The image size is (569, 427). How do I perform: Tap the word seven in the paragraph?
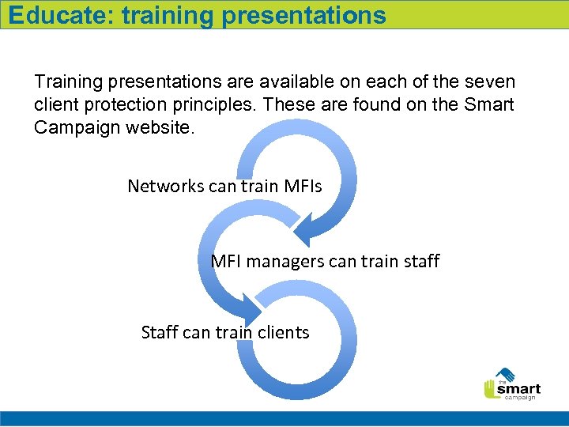click(x=490, y=81)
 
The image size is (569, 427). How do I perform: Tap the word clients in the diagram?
click(x=282, y=332)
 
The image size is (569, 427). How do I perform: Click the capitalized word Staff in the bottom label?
click(x=160, y=332)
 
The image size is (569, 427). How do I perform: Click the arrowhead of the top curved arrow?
click(x=315, y=230)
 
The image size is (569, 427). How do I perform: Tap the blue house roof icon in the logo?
click(x=505, y=374)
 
